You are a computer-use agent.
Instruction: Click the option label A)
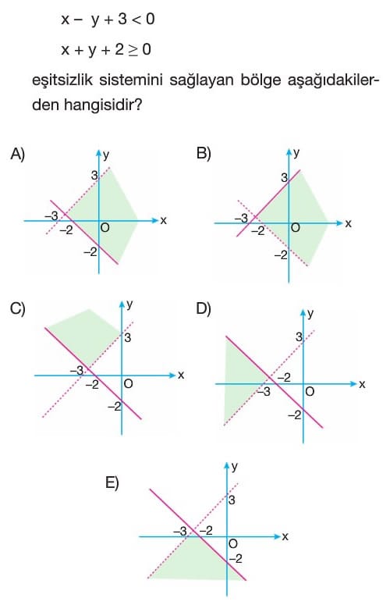17,155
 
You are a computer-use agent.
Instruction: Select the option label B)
204,154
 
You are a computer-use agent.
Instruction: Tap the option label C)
18,309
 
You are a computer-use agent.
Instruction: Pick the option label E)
112,482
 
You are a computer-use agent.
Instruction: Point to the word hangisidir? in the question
103,104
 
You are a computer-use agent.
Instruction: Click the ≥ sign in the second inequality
133,50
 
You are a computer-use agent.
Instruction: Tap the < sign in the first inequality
136,20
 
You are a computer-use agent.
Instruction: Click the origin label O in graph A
105,228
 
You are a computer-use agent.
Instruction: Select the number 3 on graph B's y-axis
285,178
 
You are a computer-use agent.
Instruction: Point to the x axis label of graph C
181,375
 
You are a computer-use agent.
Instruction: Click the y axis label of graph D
310,314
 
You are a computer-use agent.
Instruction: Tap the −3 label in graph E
180,532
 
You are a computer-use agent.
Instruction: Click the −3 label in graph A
51,215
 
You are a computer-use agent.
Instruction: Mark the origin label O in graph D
310,392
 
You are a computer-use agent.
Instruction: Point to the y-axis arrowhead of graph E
227,465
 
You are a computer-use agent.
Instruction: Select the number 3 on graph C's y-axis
128,338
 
